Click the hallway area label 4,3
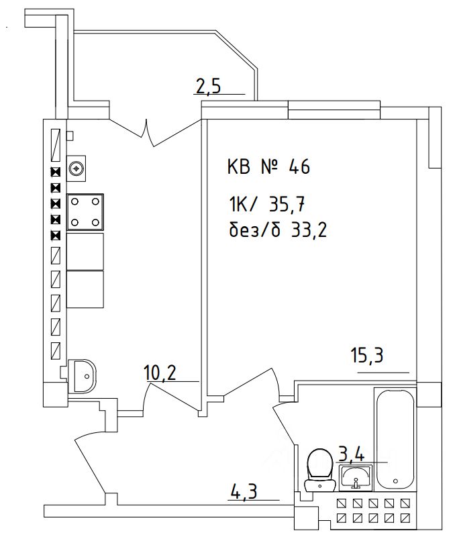coord(244,493)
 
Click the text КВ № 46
coord(268,167)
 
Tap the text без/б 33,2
coord(276,230)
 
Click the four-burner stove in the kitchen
coord(86,212)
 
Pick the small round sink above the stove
coord(78,168)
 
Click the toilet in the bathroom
coord(319,470)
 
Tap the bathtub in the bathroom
coord(396,440)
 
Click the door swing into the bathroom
coord(285,430)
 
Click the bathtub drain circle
coord(397,481)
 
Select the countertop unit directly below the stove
coord(86,251)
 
